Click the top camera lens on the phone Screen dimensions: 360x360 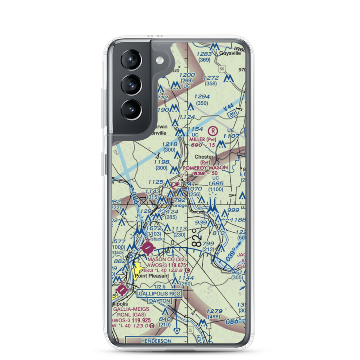click(x=131, y=59)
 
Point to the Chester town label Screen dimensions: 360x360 click(x=204, y=157)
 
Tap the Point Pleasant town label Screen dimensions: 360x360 click(x=152, y=276)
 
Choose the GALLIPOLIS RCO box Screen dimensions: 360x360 click(x=159, y=294)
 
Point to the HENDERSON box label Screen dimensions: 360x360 click(x=156, y=341)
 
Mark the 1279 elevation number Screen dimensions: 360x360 click(x=215, y=311)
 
